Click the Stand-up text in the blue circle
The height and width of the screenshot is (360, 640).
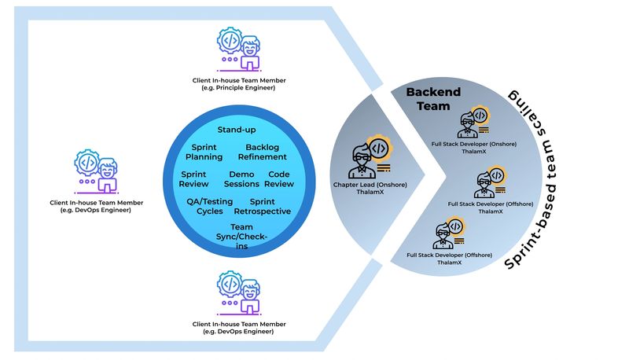pos(236,130)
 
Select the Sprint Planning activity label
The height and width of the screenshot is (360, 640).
pos(204,152)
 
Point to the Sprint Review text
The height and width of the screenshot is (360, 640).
pos(194,179)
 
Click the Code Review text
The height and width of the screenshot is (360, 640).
pos(281,179)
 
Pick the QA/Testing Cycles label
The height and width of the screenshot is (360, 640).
pos(204,206)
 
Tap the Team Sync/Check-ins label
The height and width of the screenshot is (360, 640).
pos(241,237)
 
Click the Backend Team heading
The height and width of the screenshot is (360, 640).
pos(428,99)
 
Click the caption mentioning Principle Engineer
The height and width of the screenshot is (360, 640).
pos(239,84)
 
